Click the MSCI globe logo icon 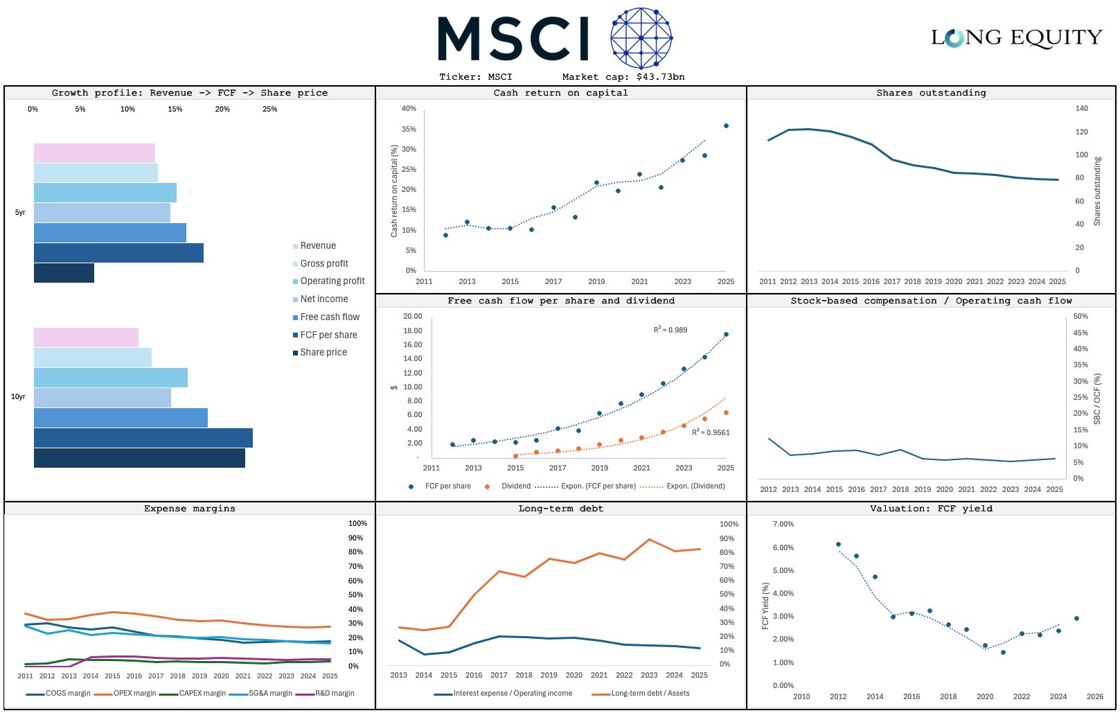click(x=641, y=38)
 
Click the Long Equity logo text click(x=1016, y=37)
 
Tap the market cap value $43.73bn click(x=660, y=77)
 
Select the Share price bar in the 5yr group click(x=64, y=273)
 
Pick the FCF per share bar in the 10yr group click(x=143, y=438)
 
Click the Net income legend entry click(x=323, y=299)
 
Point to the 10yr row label click(x=18, y=397)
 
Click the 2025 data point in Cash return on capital click(x=726, y=126)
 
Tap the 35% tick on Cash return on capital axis click(x=409, y=130)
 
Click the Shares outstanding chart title click(x=931, y=93)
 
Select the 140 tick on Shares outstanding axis click(x=1081, y=109)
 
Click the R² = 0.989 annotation click(x=670, y=330)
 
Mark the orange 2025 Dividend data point click(x=726, y=413)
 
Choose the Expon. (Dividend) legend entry click(x=695, y=486)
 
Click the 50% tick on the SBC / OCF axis click(x=1080, y=317)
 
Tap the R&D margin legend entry click(x=334, y=694)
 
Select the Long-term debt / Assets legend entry click(x=650, y=694)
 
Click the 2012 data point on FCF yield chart click(x=838, y=545)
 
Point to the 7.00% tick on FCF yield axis click(x=783, y=525)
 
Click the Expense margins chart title click(x=190, y=509)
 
